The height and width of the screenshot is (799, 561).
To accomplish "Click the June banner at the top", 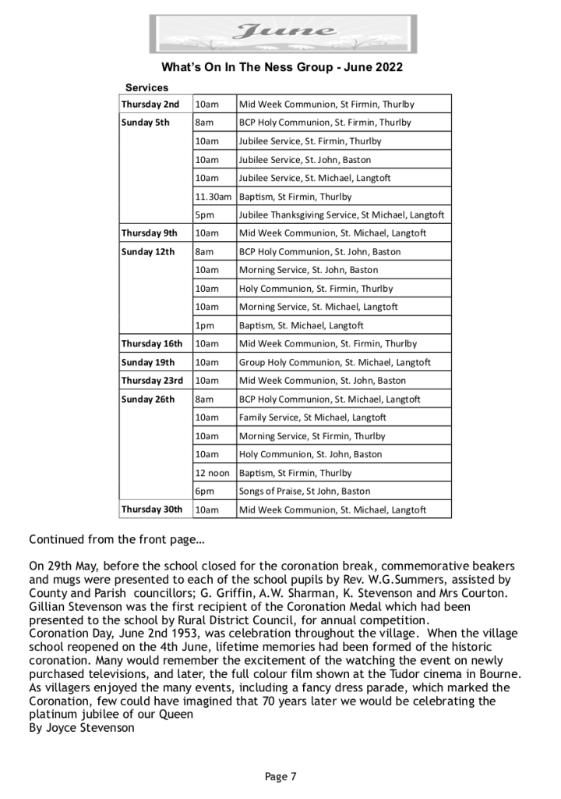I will click(x=283, y=34).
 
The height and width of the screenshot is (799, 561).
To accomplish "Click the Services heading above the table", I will click(x=146, y=88).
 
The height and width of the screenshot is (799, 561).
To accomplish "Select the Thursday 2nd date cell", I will click(x=150, y=105).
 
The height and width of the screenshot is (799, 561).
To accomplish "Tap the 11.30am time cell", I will click(x=213, y=197).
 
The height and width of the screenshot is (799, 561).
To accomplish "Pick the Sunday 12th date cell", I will click(x=148, y=252).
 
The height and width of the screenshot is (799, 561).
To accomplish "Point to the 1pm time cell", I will click(x=204, y=325).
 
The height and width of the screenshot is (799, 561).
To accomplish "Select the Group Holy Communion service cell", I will click(x=334, y=363).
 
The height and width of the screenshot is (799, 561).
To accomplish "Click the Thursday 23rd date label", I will click(x=152, y=381).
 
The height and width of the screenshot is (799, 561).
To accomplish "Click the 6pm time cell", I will click(x=205, y=492).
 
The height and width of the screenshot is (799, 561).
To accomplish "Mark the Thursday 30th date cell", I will click(x=152, y=510).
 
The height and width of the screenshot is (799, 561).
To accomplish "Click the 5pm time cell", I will click(x=205, y=215).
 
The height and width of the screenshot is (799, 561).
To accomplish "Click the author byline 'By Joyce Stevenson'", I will click(x=81, y=728).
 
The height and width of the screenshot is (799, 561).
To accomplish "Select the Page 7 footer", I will click(x=280, y=776).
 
